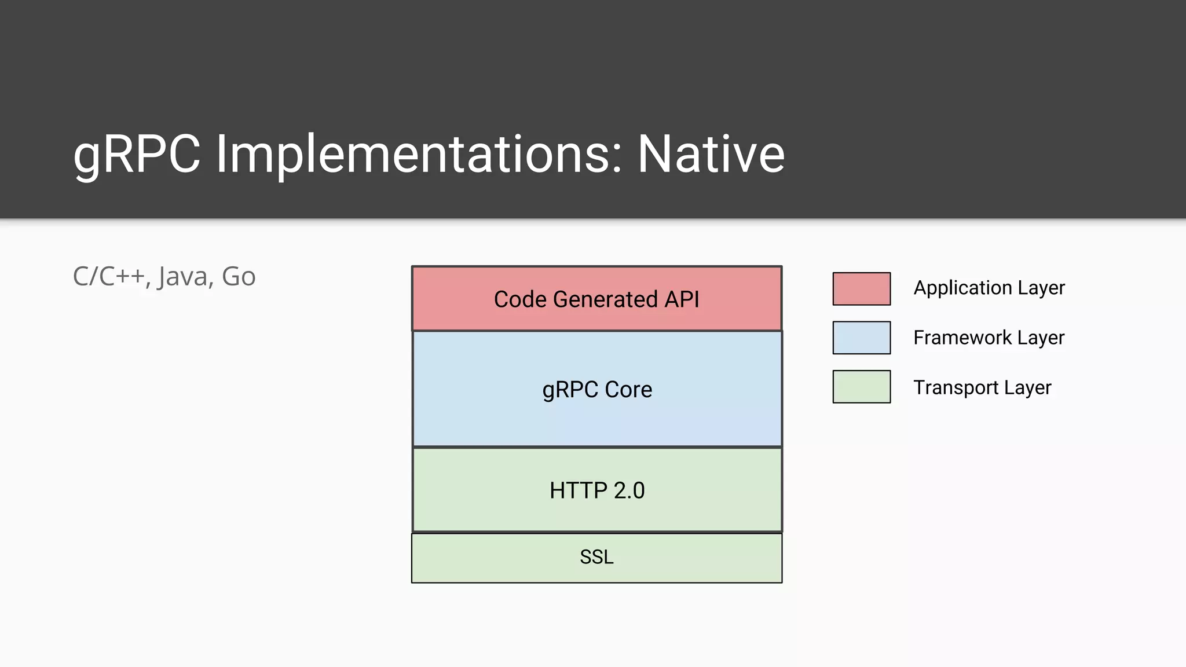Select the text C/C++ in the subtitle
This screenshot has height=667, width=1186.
108,277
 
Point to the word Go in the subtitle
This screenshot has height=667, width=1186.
239,277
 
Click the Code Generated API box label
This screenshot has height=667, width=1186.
596,299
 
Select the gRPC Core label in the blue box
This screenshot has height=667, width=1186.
597,390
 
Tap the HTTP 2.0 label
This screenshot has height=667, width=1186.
597,490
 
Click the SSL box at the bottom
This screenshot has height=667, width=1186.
596,557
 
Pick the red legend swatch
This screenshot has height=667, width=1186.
861,288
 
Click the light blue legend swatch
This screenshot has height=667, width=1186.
861,338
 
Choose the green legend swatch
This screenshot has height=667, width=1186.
861,386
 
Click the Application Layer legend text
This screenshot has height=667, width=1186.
989,288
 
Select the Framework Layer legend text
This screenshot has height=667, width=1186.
989,338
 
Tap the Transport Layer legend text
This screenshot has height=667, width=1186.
982,387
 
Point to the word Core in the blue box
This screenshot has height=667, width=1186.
628,390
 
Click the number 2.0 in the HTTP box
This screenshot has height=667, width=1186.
629,490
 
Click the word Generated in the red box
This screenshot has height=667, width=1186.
605,299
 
